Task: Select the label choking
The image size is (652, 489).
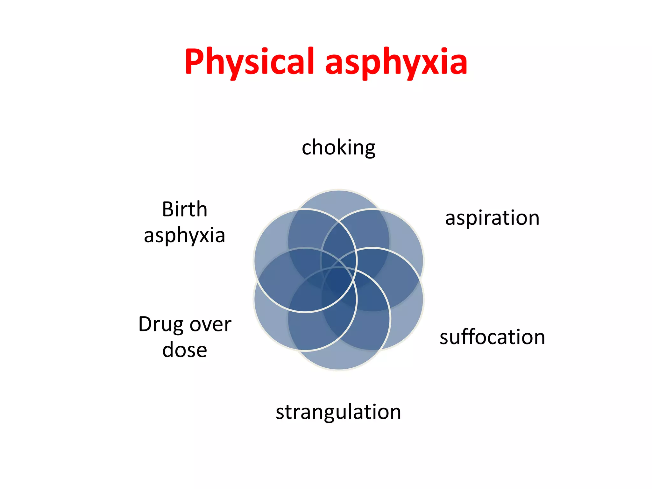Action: tap(338, 148)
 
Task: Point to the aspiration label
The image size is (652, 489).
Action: tap(492, 219)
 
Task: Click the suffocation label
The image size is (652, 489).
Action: tap(492, 337)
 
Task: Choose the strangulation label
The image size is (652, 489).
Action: tap(338, 412)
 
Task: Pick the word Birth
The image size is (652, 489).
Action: tap(185, 209)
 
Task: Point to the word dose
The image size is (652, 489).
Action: tap(185, 350)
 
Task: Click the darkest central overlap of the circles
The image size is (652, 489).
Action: tap(339, 280)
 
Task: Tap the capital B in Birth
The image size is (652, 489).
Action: tap(167, 209)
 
